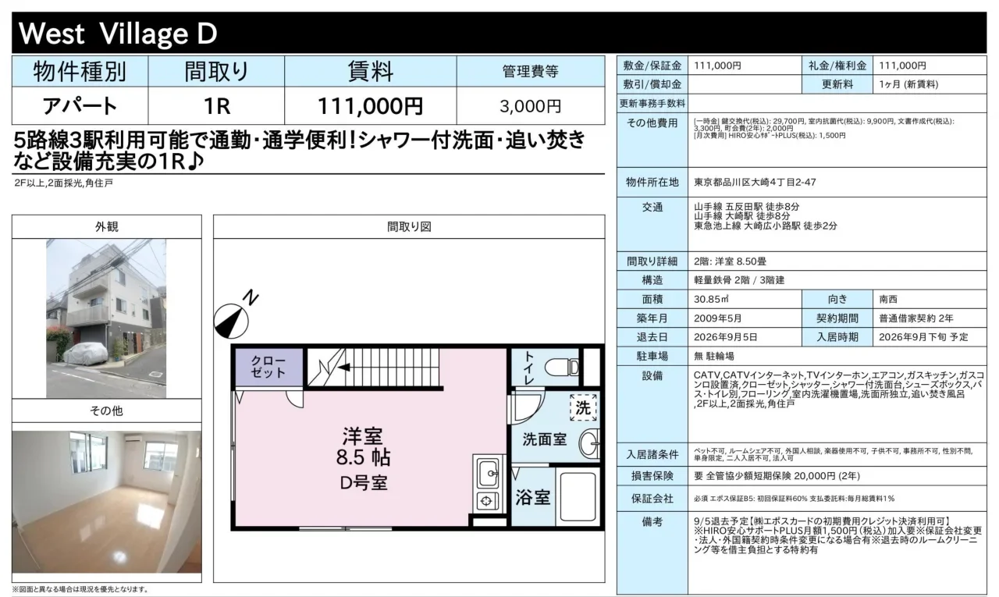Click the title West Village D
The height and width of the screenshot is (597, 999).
118,34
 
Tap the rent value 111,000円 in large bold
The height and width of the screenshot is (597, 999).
370,106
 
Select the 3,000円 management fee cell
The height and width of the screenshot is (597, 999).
530,106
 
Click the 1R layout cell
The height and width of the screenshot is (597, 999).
217,106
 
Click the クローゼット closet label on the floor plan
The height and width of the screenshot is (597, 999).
268,367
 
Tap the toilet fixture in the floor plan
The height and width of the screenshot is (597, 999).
561,368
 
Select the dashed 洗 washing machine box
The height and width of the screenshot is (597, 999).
583,407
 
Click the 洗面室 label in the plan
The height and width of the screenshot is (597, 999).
544,439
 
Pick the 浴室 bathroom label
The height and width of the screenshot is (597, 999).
533,497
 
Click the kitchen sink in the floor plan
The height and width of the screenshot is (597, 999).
488,473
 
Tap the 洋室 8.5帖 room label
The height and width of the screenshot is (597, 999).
363,446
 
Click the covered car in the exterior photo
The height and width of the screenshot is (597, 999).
86,354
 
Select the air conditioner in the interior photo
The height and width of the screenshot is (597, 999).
136,439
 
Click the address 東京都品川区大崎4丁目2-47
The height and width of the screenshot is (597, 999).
755,183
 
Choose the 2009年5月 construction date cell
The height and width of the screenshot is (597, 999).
717,318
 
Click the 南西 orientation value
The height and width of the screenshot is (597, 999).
888,299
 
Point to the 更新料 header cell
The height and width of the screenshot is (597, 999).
837,84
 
